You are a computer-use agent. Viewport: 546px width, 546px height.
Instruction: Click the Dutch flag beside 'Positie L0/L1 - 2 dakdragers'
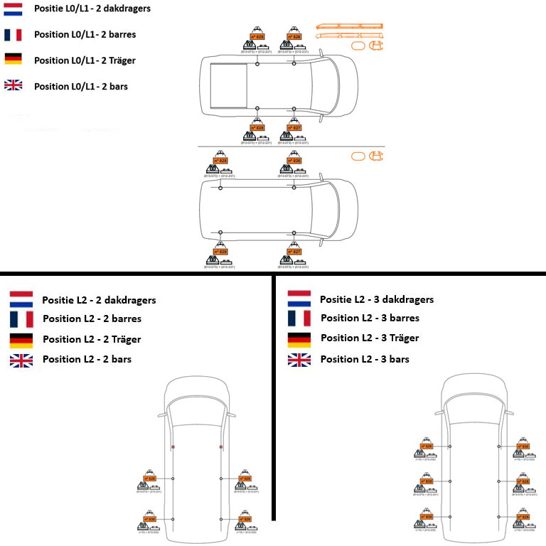[13, 10]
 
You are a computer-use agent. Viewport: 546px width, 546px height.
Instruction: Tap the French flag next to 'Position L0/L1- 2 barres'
[13, 35]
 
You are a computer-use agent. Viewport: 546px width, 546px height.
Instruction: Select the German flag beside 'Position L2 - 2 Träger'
[21, 339]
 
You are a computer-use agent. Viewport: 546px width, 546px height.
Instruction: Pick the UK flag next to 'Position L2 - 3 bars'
[299, 359]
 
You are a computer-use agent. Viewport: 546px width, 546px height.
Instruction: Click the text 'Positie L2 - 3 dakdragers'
[376, 299]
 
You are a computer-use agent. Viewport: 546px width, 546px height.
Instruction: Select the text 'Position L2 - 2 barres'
[92, 318]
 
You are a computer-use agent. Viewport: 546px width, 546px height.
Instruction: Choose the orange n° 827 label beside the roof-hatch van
[294, 128]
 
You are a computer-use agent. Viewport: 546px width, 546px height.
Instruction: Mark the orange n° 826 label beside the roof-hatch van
[294, 36]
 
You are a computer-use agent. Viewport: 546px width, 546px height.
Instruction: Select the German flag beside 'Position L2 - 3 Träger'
[299, 339]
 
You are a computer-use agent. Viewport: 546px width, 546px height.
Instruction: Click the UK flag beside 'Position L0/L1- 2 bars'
[13, 86]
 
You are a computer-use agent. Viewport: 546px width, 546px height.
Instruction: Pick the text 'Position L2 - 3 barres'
[370, 318]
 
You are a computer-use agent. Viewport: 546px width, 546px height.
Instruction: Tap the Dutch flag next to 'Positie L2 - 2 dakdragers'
[21, 299]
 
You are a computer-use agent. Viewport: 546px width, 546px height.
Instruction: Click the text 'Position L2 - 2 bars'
[87, 359]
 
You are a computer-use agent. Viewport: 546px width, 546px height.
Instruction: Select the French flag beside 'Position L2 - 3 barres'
[299, 318]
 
